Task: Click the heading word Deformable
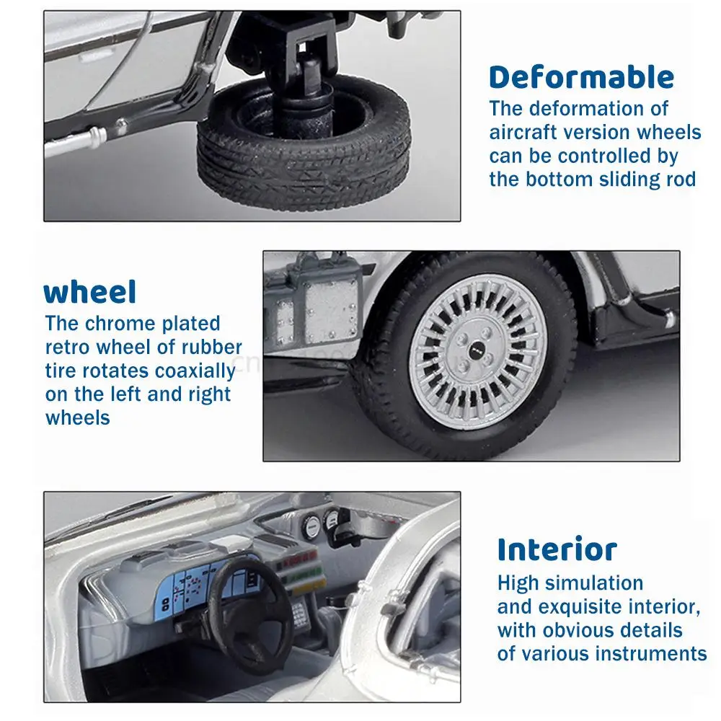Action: [582, 77]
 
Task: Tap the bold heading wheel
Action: [90, 292]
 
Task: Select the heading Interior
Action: [557, 549]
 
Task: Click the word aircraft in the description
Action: [523, 133]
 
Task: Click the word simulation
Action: [593, 583]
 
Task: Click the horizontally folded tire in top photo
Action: [304, 143]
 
